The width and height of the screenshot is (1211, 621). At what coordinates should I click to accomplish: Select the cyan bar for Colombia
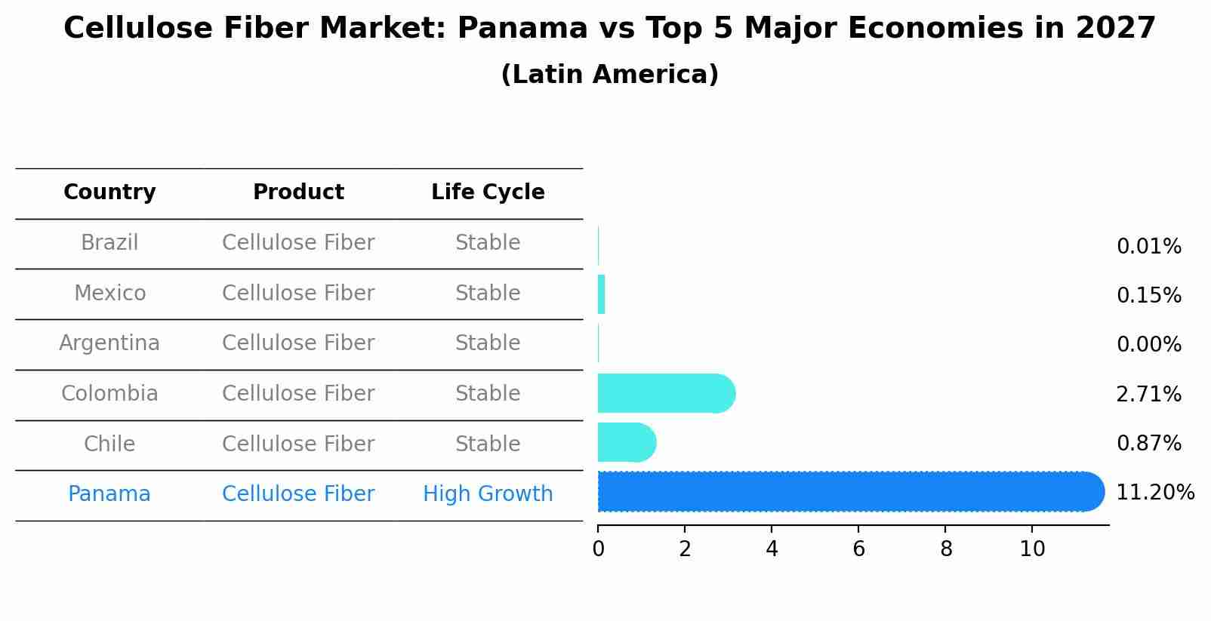[x=664, y=393]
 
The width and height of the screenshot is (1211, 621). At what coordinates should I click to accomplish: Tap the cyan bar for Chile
[x=625, y=443]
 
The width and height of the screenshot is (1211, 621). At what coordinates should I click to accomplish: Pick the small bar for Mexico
[x=602, y=294]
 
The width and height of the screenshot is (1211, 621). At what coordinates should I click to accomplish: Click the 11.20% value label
[x=1154, y=493]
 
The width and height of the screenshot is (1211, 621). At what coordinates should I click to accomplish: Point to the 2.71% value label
[x=1148, y=394]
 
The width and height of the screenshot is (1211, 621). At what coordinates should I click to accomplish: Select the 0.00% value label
[x=1148, y=345]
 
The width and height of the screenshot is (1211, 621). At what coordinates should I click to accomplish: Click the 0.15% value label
[x=1148, y=296]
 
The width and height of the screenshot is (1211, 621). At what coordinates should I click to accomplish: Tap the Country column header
[x=109, y=192]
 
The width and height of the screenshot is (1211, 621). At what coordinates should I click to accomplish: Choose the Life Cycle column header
[x=488, y=192]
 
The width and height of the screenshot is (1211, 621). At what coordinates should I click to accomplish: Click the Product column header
[x=298, y=192]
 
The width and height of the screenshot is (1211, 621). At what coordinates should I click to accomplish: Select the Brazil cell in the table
[x=109, y=243]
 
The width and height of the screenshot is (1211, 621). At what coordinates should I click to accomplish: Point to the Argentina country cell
[x=109, y=343]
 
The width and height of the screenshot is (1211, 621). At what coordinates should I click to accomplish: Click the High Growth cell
[x=488, y=494]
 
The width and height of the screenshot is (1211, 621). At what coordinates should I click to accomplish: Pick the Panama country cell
[x=109, y=494]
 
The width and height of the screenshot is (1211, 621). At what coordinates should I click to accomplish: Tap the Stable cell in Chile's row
[x=488, y=444]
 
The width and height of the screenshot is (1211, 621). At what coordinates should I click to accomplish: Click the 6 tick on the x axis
[x=858, y=549]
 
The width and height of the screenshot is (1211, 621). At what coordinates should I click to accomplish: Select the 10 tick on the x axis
[x=1032, y=549]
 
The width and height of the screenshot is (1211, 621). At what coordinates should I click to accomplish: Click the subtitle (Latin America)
[x=609, y=75]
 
